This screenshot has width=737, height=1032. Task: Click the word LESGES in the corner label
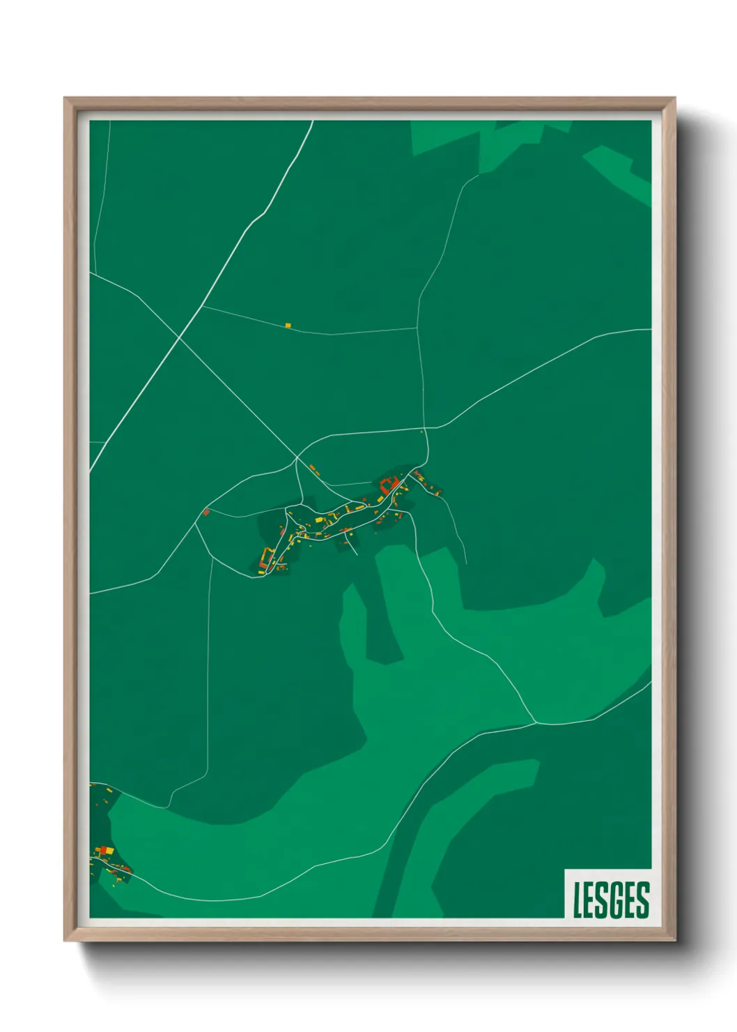click(611, 900)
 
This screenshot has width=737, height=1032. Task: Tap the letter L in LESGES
click(577, 900)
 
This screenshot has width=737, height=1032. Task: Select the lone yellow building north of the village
click(288, 325)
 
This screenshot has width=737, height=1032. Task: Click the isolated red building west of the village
click(205, 513)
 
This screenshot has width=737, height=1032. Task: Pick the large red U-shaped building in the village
click(389, 484)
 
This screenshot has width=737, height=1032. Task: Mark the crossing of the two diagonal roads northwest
click(180, 337)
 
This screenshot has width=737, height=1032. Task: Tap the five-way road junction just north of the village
click(297, 458)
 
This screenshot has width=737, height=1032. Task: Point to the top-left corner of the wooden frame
click(65, 98)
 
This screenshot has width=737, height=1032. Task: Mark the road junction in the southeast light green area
click(536, 723)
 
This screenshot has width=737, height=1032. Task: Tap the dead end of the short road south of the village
click(357, 555)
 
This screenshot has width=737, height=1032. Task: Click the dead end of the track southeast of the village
click(466, 563)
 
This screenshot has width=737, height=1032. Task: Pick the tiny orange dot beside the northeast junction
click(421, 432)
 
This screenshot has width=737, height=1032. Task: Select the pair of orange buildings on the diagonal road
click(314, 469)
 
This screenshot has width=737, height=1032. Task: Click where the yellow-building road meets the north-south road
click(417, 328)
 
